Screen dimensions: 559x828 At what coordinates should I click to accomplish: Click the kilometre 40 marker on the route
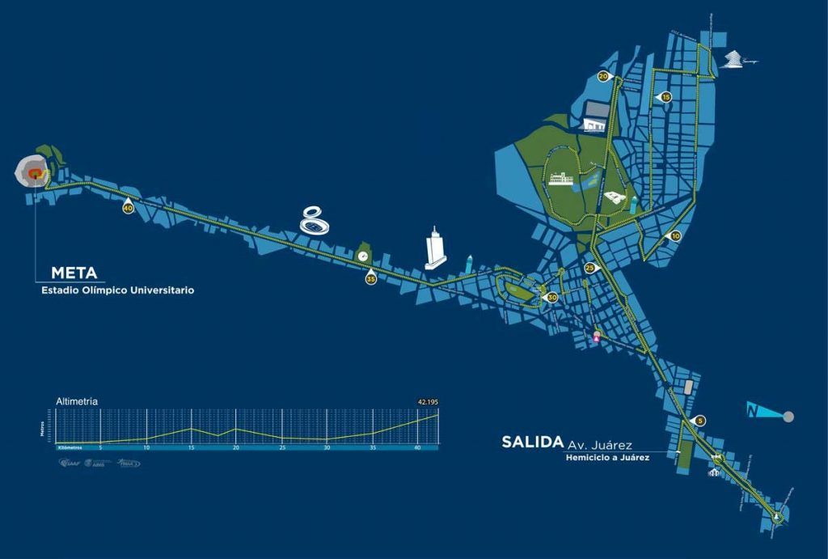pos(128,208)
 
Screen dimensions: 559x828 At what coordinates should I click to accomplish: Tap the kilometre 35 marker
pos(370,279)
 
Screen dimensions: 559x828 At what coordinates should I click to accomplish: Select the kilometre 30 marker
pos(552,298)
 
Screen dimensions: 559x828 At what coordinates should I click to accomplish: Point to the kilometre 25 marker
pos(589,268)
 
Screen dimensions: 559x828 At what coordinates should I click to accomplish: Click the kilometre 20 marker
pos(603,76)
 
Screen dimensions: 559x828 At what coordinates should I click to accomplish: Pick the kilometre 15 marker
pos(666,97)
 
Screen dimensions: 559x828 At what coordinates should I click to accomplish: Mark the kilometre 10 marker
pos(676,235)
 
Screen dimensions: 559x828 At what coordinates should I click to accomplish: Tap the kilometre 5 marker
pos(700,421)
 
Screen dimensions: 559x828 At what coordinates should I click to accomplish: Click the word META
pos(74,273)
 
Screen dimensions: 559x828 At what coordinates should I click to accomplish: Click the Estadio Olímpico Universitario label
pos(117,290)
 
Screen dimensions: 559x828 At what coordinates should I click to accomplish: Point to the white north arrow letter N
pos(754,411)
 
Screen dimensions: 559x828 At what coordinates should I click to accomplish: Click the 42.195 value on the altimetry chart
pos(427,401)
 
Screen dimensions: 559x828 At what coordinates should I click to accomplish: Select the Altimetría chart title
pos(77,401)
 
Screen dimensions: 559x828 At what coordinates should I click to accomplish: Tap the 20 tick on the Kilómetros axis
pos(236,447)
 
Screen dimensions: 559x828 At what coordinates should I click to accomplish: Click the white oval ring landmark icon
pos(315,220)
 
